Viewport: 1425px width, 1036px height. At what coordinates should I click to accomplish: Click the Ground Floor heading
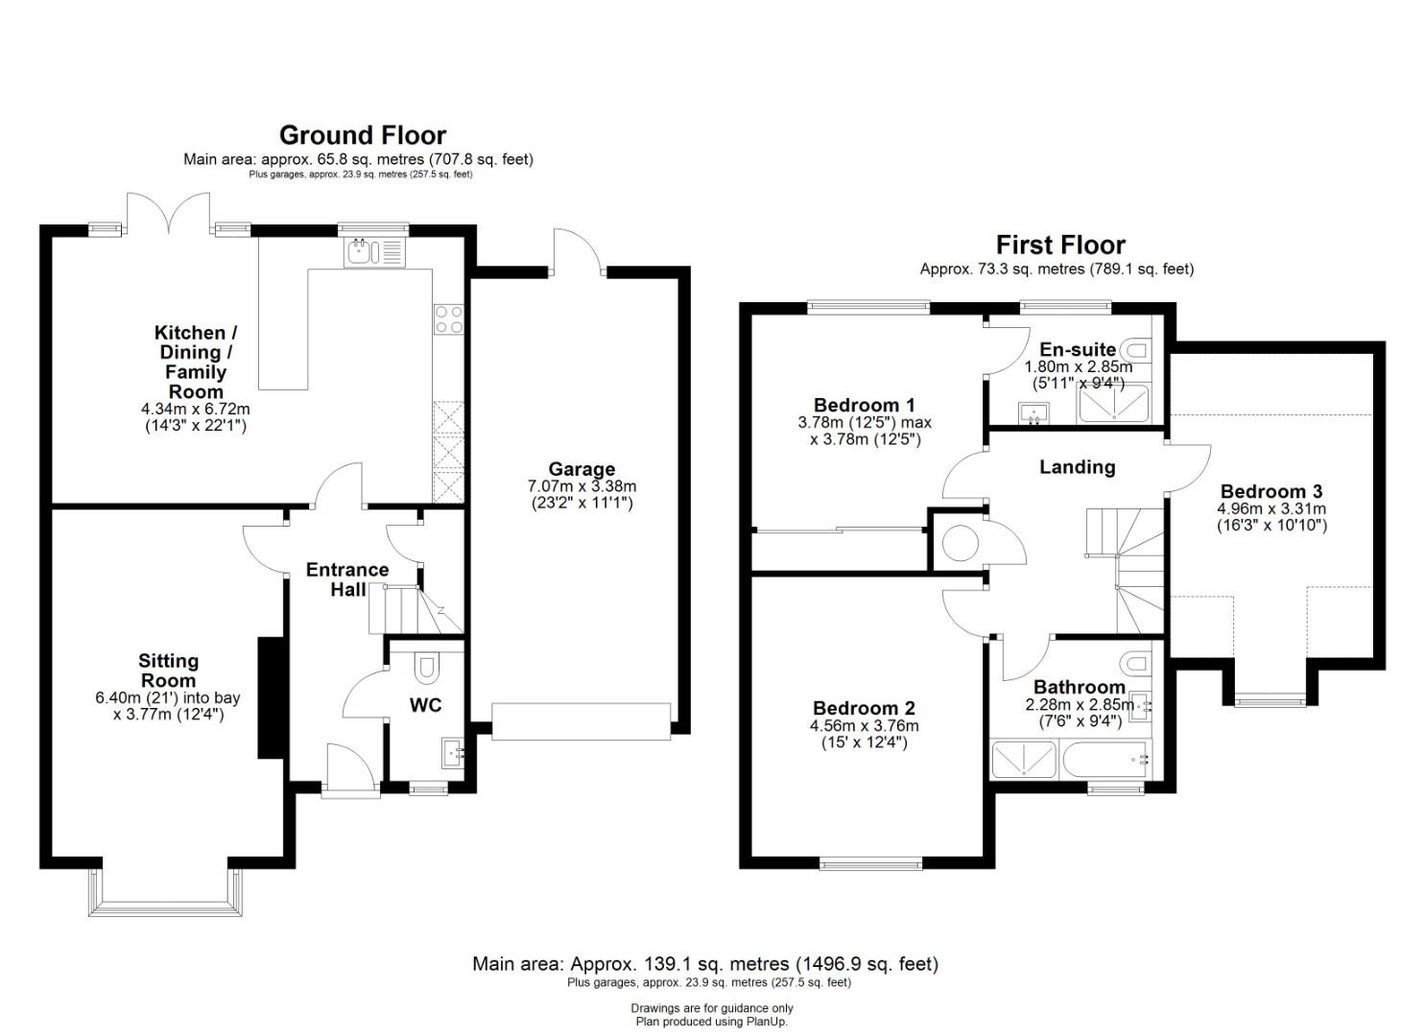pos(363,135)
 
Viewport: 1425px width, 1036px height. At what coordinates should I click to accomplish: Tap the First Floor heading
pos(1060,245)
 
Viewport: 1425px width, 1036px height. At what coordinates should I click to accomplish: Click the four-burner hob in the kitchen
pos(448,319)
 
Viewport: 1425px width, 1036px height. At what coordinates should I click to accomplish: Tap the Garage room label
pos(582,469)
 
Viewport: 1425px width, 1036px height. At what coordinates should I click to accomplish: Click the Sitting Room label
pos(169,671)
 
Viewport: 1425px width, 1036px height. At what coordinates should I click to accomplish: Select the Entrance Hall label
pos(347,579)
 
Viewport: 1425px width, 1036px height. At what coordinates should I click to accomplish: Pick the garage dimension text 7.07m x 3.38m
pos(582,486)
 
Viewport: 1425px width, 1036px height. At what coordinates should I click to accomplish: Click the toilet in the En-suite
pos(1137,349)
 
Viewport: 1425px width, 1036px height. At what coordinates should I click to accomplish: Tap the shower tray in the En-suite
pos(1114,404)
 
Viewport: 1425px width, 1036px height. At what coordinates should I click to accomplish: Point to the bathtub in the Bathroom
pos(1105,759)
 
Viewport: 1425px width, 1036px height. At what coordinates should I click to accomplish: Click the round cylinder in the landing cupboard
pos(960,543)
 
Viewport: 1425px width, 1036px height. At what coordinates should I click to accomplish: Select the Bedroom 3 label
pos(1271,491)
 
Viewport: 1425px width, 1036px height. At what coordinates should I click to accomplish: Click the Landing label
pos(1077,467)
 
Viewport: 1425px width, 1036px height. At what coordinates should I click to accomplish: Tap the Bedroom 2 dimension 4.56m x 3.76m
pos(864,725)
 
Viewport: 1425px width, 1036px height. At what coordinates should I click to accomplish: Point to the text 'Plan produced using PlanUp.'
pos(712,1022)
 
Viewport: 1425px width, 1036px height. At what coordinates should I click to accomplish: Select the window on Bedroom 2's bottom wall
pos(870,863)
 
